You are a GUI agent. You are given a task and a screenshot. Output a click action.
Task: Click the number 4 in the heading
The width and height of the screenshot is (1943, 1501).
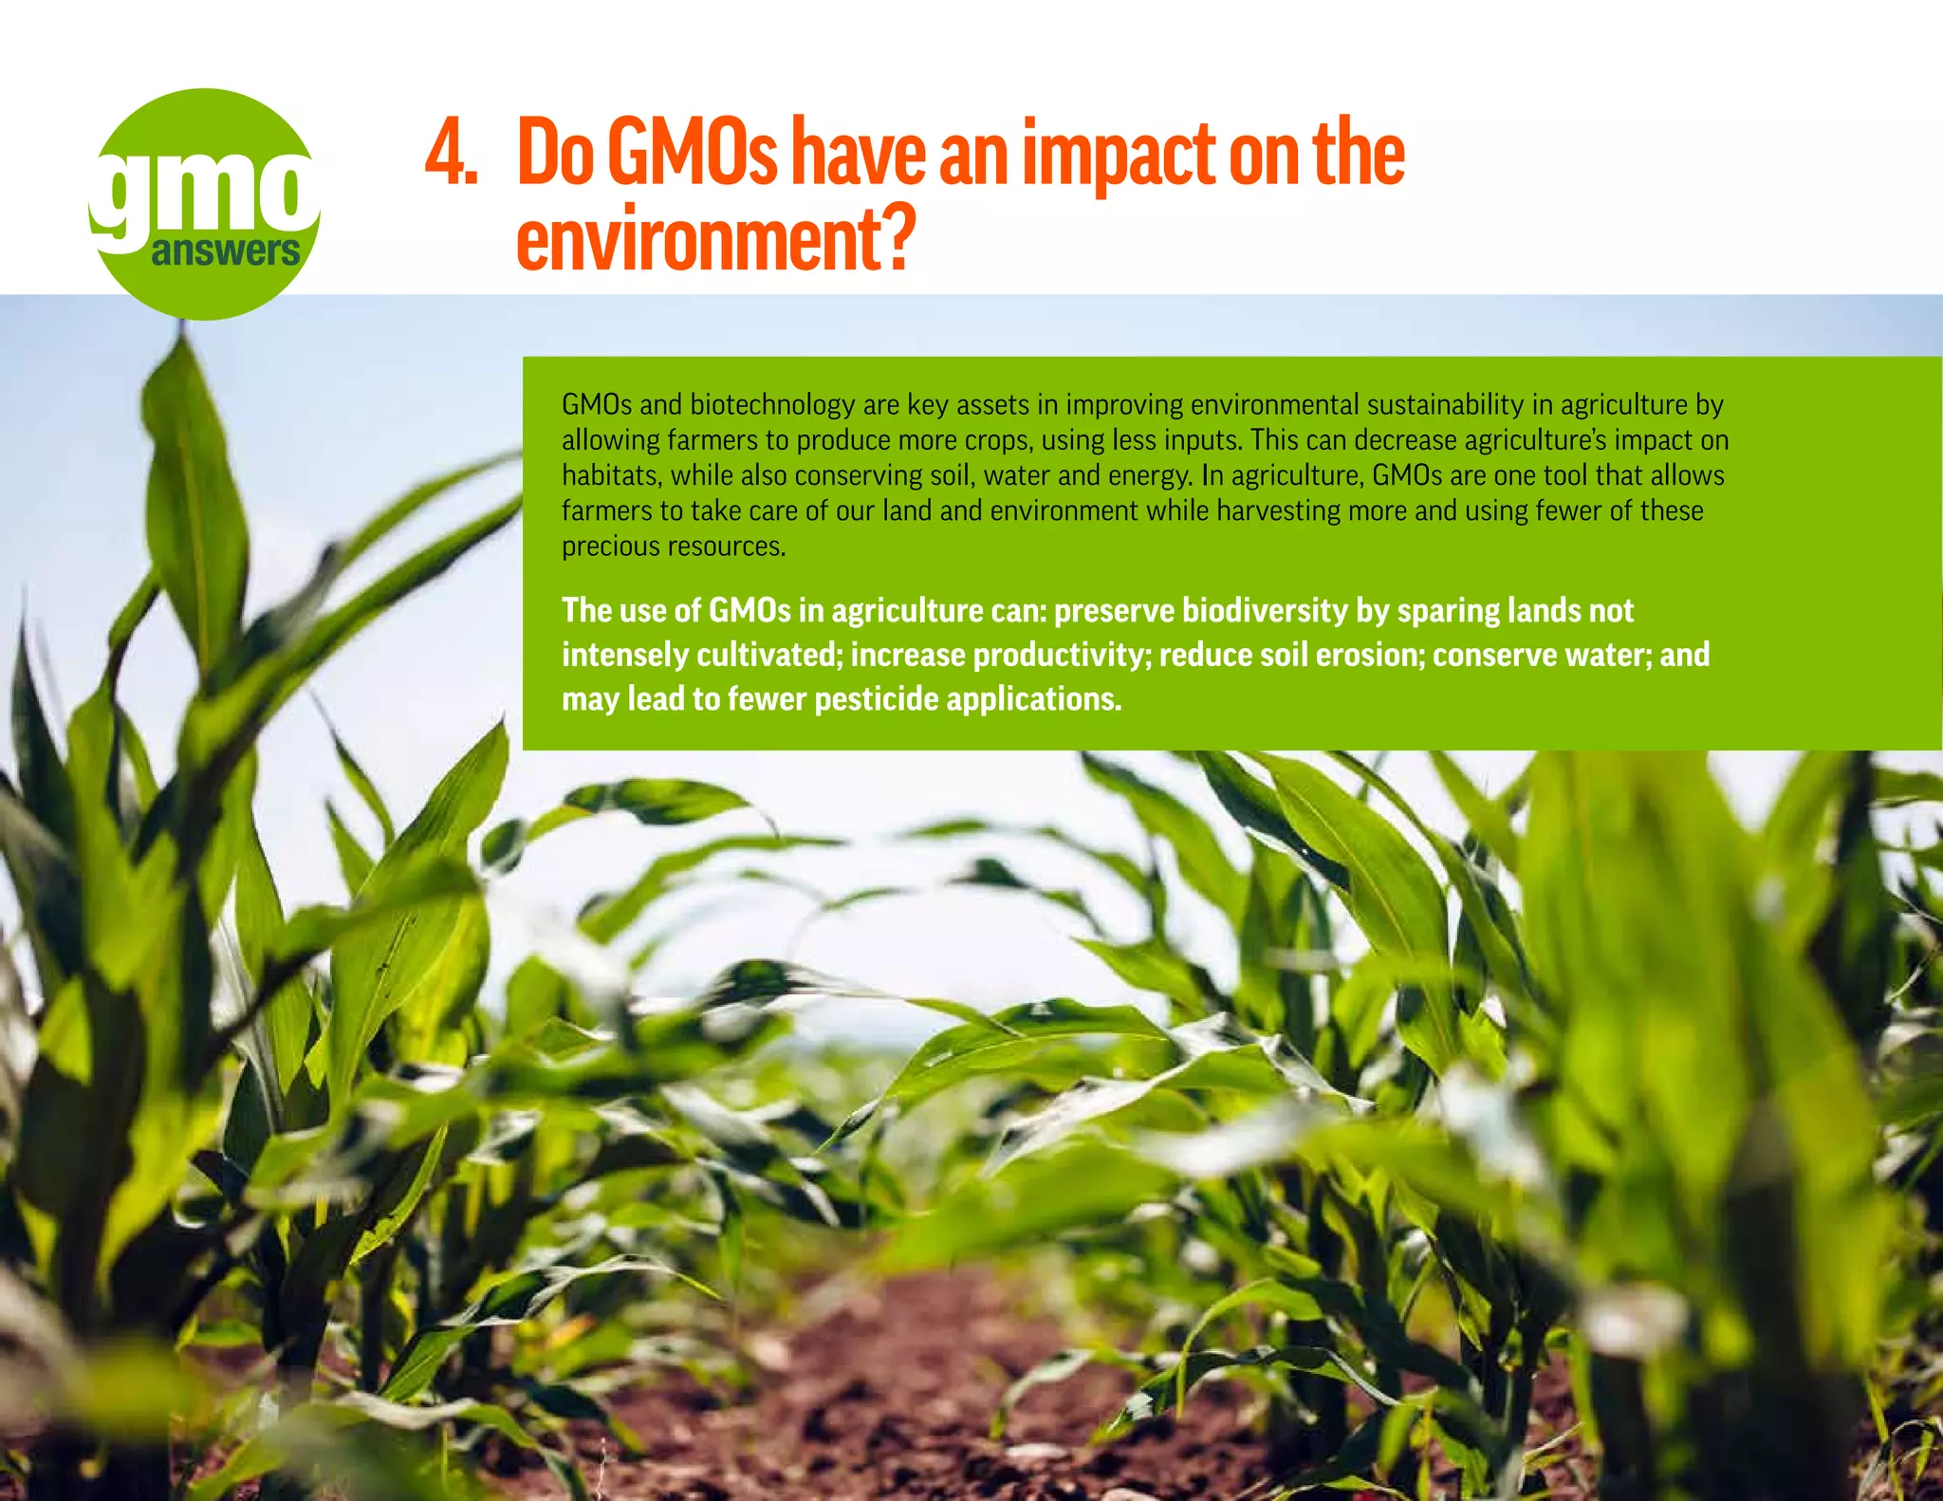446,154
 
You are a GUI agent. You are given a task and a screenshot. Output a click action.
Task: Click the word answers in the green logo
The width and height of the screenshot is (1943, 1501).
225,252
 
